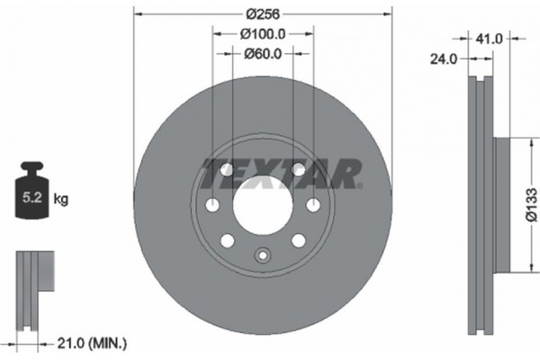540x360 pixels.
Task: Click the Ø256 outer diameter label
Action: [x=263, y=13]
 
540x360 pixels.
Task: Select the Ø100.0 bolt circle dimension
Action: [x=263, y=33]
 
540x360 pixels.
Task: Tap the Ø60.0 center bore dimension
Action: [x=263, y=53]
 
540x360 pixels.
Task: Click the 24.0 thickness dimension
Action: [x=445, y=58]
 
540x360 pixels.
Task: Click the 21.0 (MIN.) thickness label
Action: [x=93, y=342]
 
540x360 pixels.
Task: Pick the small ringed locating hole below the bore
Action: [x=263, y=255]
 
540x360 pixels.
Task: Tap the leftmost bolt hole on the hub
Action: [x=212, y=205]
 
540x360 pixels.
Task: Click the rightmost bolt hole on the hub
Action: [x=313, y=205]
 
